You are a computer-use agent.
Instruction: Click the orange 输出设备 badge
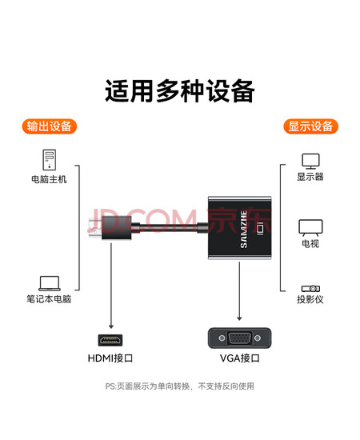coord(49,126)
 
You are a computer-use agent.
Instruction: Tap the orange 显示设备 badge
coord(310,126)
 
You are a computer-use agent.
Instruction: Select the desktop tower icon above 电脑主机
coord(49,160)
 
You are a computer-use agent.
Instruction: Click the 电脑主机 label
coord(49,179)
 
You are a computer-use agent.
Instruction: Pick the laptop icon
coord(50,283)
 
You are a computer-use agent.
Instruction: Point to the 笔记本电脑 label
coord(49,299)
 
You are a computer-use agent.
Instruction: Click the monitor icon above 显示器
coord(310,161)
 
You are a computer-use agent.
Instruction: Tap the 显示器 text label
coord(310,177)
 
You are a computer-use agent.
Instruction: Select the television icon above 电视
coord(310,228)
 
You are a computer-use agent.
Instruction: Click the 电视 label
coord(310,243)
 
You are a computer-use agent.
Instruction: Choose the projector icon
coord(310,289)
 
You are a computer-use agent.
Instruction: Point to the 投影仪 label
coord(310,299)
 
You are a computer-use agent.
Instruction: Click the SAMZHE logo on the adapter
coord(244,230)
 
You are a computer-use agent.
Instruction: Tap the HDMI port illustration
coord(110,340)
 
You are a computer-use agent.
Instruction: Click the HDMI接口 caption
coord(110,358)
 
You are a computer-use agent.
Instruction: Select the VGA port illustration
coord(240,338)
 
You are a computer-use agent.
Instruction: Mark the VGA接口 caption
coord(240,358)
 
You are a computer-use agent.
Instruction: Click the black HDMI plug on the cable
coord(117,228)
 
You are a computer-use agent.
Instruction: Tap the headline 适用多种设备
coord(180,91)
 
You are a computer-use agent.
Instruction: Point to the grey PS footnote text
coord(180,386)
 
